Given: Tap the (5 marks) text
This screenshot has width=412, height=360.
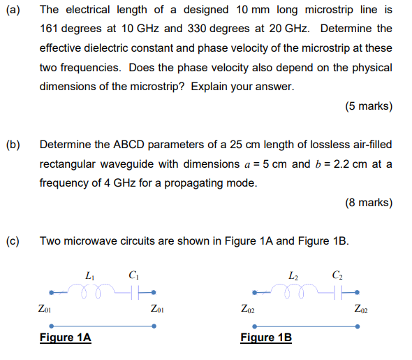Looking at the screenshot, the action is pyautogui.click(x=368, y=107).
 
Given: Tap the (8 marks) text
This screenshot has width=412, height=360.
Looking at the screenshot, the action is pyautogui.click(x=368, y=203).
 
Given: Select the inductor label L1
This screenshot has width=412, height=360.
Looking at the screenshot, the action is pyautogui.click(x=89, y=275).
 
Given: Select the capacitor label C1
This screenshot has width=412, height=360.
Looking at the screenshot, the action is pyautogui.click(x=133, y=275).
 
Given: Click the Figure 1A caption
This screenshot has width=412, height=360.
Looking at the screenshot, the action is pyautogui.click(x=65, y=338).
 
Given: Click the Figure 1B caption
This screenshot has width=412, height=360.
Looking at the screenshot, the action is pyautogui.click(x=266, y=338).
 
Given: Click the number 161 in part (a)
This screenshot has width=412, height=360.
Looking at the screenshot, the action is pyautogui.click(x=50, y=29).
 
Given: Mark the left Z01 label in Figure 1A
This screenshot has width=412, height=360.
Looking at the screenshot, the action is pyautogui.click(x=43, y=308).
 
